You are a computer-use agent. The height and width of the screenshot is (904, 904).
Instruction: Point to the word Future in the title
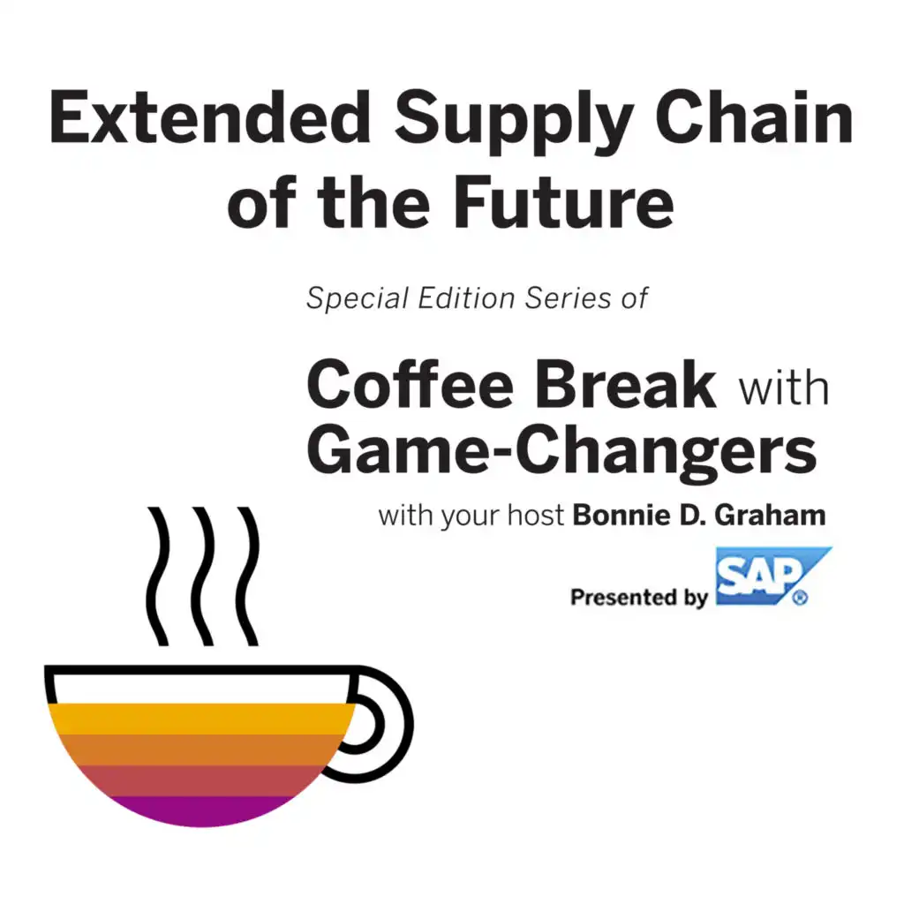click(x=563, y=202)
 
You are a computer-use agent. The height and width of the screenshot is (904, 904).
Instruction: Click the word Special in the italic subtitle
click(x=357, y=299)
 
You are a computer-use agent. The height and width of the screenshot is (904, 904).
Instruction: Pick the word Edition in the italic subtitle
click(x=466, y=298)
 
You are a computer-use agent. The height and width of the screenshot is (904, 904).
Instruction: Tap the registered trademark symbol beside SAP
click(x=801, y=599)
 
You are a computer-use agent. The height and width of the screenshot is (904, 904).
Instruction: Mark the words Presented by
click(x=639, y=598)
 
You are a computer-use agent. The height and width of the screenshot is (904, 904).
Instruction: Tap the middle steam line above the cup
click(x=203, y=576)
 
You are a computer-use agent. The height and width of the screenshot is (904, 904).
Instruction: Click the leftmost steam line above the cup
click(x=157, y=576)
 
